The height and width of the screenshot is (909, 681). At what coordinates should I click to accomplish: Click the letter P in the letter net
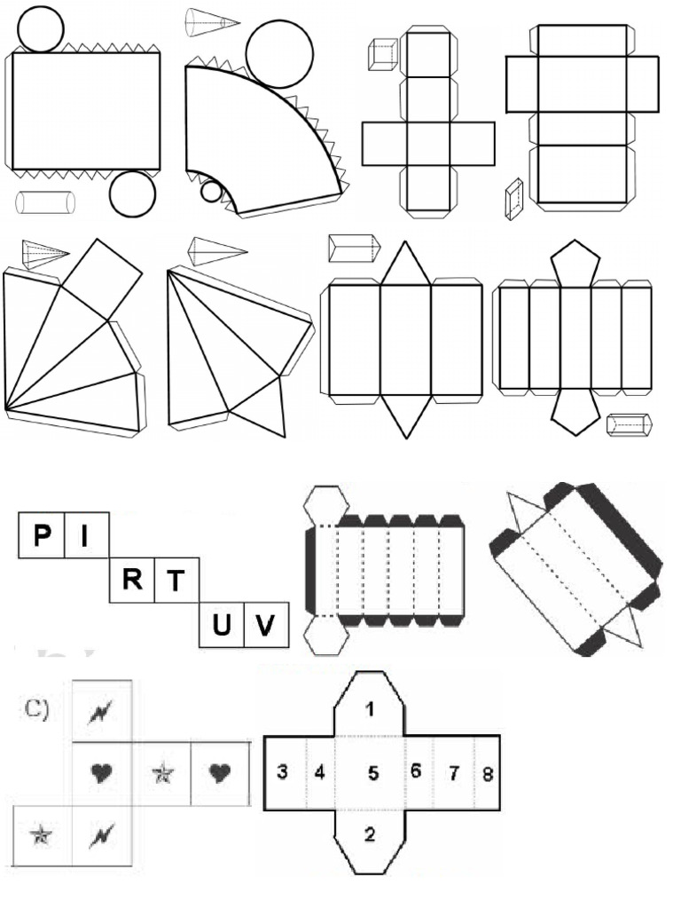click(42, 534)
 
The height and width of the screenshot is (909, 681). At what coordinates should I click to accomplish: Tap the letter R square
click(133, 579)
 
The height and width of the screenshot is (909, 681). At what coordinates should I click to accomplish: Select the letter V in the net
click(264, 625)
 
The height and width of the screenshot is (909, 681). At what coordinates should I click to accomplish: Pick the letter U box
click(222, 625)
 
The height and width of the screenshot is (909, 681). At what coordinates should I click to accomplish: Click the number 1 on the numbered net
click(371, 708)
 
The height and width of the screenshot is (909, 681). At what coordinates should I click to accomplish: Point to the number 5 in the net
click(373, 773)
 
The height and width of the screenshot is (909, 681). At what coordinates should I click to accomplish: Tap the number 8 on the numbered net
click(488, 774)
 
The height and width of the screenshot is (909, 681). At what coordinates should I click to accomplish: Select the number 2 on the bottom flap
click(370, 834)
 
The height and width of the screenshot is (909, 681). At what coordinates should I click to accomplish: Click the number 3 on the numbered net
click(282, 772)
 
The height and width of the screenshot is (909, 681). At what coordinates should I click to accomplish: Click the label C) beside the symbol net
click(37, 708)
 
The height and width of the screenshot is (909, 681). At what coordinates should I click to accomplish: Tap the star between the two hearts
click(162, 773)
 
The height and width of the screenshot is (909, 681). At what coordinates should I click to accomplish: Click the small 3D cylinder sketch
click(45, 202)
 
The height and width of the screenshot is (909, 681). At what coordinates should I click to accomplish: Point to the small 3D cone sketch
click(212, 23)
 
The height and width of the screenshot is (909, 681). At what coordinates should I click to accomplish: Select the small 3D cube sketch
click(383, 54)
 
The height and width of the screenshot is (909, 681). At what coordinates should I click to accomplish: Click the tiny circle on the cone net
click(211, 191)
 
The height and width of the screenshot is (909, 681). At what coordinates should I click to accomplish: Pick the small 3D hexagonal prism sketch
click(630, 424)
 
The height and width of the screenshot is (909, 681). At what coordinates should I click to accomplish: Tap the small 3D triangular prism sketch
click(355, 249)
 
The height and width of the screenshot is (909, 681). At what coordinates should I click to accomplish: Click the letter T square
click(177, 580)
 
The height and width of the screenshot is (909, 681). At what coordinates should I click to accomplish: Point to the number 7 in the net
click(454, 773)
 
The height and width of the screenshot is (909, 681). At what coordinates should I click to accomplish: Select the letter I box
click(87, 535)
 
